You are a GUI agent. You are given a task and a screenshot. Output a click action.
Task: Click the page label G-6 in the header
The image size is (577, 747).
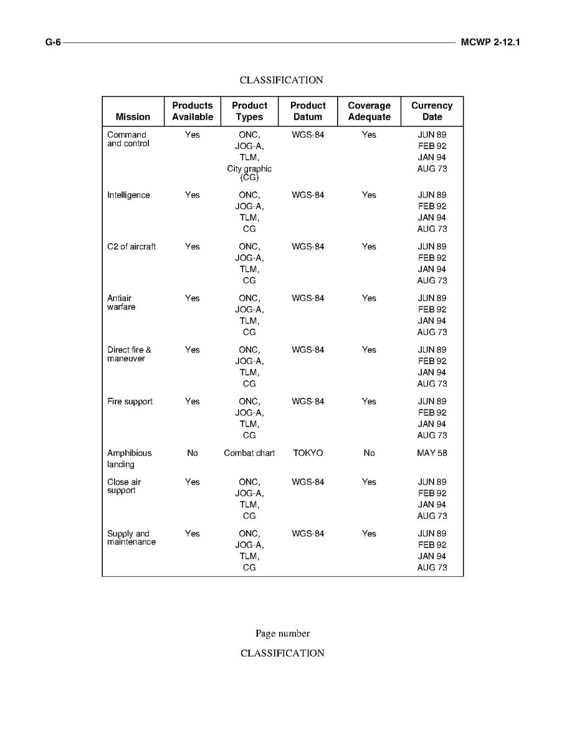[52, 42]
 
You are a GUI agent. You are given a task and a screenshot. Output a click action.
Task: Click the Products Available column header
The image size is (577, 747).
[193, 111]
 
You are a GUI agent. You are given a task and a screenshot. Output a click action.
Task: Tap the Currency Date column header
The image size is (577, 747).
[432, 111]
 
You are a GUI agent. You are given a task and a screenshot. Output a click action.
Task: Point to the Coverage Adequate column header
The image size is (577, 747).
[369, 111]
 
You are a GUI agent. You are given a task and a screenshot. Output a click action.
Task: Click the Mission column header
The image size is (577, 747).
[133, 117]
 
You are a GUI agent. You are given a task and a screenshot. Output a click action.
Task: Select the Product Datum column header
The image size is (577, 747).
[308, 111]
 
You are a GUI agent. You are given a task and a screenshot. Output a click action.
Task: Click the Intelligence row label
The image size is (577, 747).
[128, 195]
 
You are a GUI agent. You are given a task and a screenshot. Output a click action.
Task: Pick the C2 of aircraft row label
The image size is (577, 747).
[131, 247]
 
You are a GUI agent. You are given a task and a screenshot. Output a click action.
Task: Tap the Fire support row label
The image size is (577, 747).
[130, 402]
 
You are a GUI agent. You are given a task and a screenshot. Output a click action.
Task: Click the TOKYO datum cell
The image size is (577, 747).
[308, 453]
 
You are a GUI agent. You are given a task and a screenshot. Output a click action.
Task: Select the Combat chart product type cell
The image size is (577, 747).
[249, 453]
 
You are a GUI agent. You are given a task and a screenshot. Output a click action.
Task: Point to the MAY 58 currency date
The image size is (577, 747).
[432, 453]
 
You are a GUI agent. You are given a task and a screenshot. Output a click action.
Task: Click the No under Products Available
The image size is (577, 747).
[193, 453]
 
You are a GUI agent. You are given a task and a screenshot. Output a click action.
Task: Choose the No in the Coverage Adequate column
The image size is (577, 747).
[369, 453]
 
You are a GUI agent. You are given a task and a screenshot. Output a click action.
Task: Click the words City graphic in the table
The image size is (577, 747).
[249, 169]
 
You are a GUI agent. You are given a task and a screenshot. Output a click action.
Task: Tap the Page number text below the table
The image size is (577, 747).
[282, 634]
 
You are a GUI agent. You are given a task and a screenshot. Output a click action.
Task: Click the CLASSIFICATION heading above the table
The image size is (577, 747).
[282, 80]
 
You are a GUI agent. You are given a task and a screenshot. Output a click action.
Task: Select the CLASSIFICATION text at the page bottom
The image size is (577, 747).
[282, 653]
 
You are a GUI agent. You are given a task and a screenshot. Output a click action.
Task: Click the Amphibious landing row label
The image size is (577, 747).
[129, 458]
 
